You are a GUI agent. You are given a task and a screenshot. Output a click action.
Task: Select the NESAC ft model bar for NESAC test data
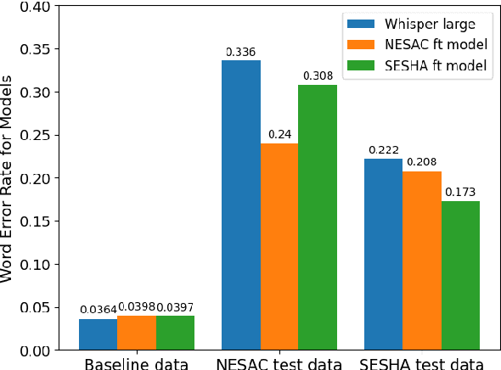pyautogui.click(x=279, y=246)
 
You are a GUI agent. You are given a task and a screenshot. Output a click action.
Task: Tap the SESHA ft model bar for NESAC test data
pyautogui.click(x=318, y=217)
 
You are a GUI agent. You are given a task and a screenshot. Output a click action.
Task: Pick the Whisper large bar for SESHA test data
pyautogui.click(x=383, y=254)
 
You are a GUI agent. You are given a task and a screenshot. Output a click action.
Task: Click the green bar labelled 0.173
pyautogui.click(x=459, y=275)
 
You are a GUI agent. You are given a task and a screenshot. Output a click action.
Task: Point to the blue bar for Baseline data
pyautogui.click(x=99, y=334)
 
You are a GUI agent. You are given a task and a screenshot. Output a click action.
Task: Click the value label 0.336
pyautogui.click(x=241, y=53)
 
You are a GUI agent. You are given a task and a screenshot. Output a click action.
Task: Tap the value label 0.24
pyautogui.click(x=279, y=135)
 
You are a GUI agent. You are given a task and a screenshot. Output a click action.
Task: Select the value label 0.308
pyautogui.click(x=318, y=76)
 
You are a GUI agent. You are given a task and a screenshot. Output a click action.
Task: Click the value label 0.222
pyautogui.click(x=383, y=150)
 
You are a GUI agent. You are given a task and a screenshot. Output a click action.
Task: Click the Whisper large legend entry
pyautogui.click(x=416, y=22)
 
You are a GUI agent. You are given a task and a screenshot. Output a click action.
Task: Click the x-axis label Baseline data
pyautogui.click(x=137, y=363)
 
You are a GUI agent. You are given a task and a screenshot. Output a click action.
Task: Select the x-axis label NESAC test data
pyautogui.click(x=279, y=363)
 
